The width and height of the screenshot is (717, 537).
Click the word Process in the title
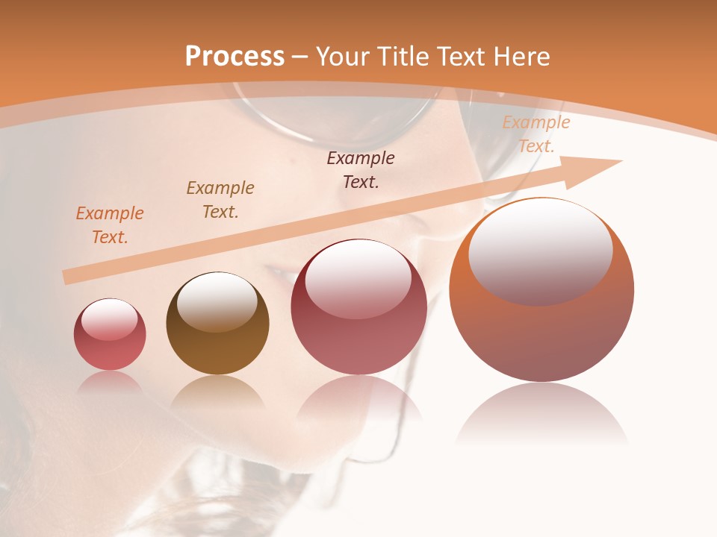pos(235,57)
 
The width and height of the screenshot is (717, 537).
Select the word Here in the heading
pos(521,57)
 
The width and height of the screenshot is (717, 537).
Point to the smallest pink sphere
pos(110,335)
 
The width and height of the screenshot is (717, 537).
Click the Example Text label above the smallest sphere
pos(110,225)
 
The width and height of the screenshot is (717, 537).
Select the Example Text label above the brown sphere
pos(220,200)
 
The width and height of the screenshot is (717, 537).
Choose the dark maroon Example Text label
pos(361,170)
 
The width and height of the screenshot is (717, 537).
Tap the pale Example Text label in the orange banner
pos(536,134)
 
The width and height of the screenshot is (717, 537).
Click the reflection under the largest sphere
pos(541,414)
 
